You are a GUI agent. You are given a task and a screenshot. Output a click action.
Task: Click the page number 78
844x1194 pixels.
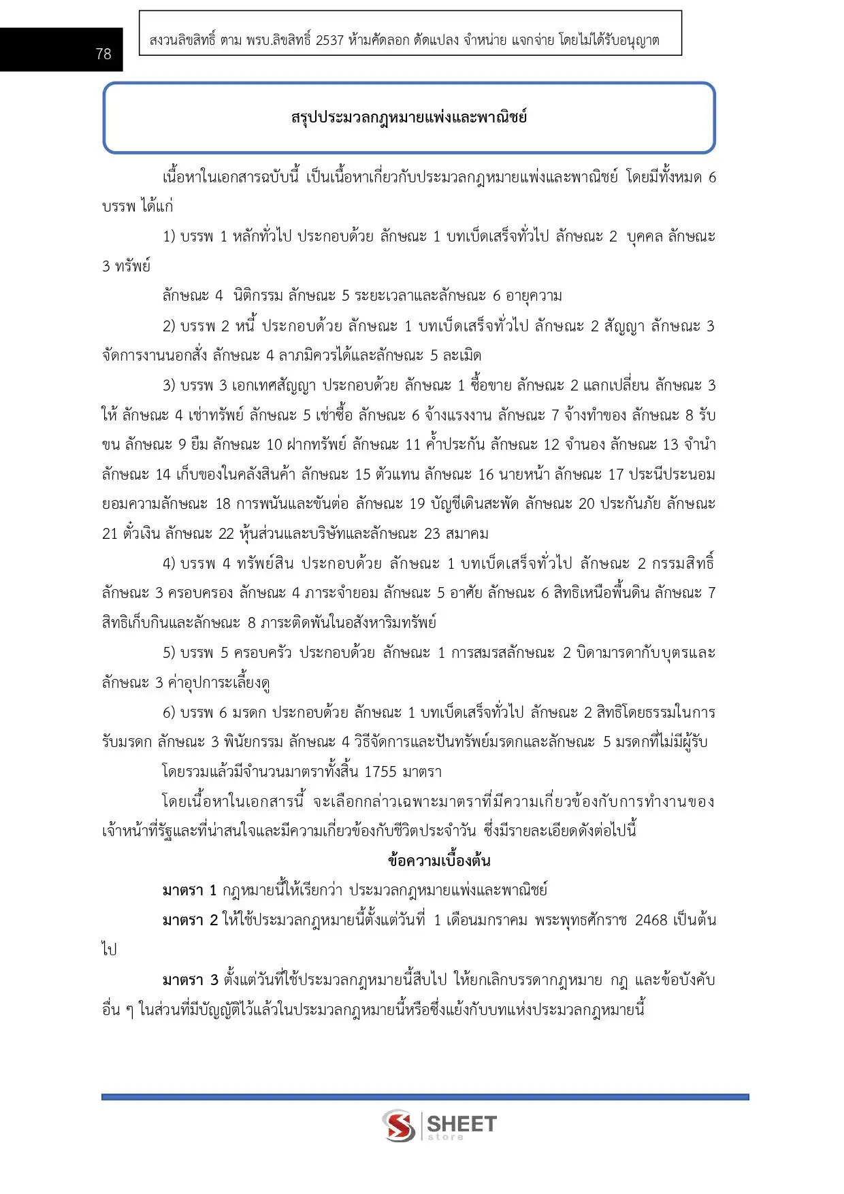103,54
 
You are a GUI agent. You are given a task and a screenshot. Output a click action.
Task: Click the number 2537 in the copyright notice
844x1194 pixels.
329,40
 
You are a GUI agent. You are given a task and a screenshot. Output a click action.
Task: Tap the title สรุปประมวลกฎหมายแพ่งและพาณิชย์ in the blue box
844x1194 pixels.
409,117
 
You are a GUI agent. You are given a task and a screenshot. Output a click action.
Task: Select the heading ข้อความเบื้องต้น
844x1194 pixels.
439,861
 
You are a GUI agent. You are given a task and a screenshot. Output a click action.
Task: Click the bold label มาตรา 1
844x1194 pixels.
189,891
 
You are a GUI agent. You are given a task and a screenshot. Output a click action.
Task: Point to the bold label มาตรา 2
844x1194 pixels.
190,921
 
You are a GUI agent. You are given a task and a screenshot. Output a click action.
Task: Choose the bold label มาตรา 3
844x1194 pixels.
190,980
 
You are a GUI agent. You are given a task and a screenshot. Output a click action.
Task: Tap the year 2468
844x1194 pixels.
651,921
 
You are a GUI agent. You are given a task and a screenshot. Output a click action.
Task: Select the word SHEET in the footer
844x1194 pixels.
461,1123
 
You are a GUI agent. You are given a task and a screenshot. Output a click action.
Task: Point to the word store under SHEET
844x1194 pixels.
445,1137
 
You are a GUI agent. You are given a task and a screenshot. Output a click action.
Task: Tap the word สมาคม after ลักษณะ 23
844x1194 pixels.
466,533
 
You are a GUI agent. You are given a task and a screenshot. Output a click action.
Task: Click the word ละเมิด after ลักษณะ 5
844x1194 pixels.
462,355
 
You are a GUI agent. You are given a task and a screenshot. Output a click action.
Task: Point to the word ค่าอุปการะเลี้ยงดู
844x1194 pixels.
219,682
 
